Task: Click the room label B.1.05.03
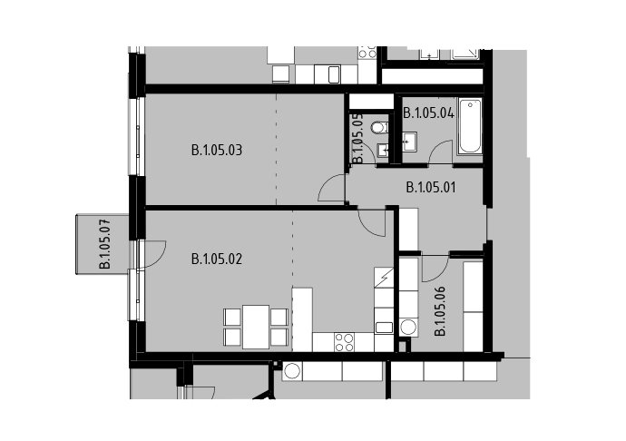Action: [217, 151]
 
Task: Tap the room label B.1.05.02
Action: [217, 260]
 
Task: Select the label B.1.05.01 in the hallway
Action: [431, 187]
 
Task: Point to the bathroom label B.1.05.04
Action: [428, 113]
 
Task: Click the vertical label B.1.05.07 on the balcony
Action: [105, 243]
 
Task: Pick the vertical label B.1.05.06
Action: [440, 311]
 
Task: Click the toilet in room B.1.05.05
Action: [379, 128]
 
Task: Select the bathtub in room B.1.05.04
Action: [470, 127]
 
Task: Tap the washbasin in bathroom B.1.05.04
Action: [409, 142]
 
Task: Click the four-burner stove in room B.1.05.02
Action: [345, 342]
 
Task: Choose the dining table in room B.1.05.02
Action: [256, 328]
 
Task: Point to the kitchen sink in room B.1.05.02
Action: [384, 328]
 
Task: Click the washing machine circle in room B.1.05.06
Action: [408, 328]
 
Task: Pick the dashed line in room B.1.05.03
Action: [277, 149]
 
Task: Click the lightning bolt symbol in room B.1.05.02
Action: [384, 278]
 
